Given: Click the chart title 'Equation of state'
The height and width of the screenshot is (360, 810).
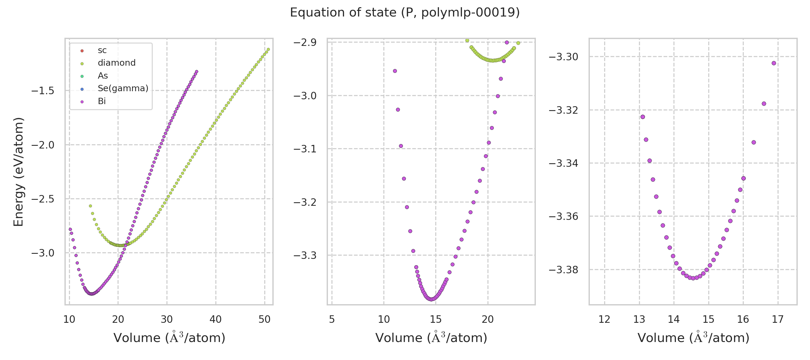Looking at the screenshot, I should (405, 13).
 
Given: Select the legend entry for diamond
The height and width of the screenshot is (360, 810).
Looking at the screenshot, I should (116, 63).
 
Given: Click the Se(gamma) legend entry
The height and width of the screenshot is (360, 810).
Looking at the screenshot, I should (123, 88).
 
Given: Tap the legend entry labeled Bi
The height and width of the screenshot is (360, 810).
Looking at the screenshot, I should (102, 101).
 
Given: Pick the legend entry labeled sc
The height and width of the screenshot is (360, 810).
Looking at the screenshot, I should (102, 50).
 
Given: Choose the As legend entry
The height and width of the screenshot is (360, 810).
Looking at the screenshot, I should (103, 76).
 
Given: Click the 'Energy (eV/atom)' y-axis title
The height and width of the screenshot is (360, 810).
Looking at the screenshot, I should (19, 172).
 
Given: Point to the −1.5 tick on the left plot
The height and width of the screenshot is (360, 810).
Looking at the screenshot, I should (43, 91).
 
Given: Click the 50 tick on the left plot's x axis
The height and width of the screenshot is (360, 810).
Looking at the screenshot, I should (264, 319).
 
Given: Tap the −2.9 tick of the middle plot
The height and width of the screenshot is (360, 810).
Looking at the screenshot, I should (305, 42).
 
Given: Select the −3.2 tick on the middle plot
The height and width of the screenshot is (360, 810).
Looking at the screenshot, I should (305, 202).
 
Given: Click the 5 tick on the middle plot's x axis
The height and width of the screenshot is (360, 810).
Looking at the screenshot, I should (332, 319).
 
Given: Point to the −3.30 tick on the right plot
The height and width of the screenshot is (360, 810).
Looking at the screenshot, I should (563, 57).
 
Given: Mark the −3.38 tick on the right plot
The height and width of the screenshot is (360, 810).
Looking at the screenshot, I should (563, 270).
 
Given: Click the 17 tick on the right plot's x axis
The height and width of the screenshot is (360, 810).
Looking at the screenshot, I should (778, 319).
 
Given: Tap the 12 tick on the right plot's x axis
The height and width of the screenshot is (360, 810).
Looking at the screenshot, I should (604, 319).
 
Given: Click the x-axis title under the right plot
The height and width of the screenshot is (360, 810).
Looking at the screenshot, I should (693, 338).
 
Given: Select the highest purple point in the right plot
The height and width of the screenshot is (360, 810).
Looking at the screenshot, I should (774, 63).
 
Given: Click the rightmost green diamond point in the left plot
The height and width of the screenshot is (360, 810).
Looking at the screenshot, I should (268, 49).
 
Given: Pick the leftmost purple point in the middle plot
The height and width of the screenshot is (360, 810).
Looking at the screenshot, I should (395, 71).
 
